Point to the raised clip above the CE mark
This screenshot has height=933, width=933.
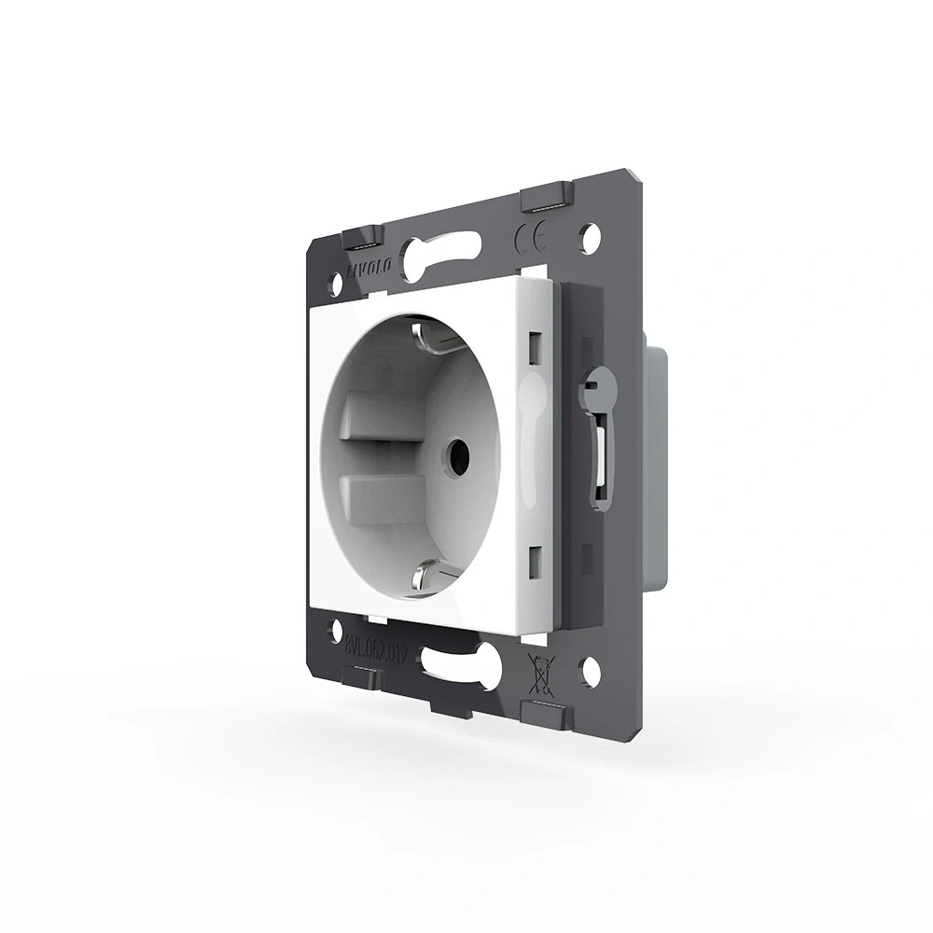546,199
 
